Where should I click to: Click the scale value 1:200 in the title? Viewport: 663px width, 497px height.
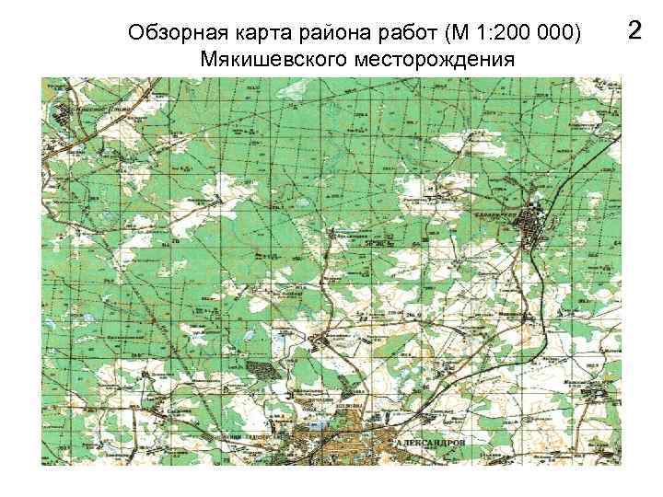[502, 34]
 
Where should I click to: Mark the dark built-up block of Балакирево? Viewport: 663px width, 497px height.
[532, 225]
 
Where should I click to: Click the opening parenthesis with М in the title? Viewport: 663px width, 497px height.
[453, 34]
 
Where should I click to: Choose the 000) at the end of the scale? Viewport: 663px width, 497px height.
[564, 34]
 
